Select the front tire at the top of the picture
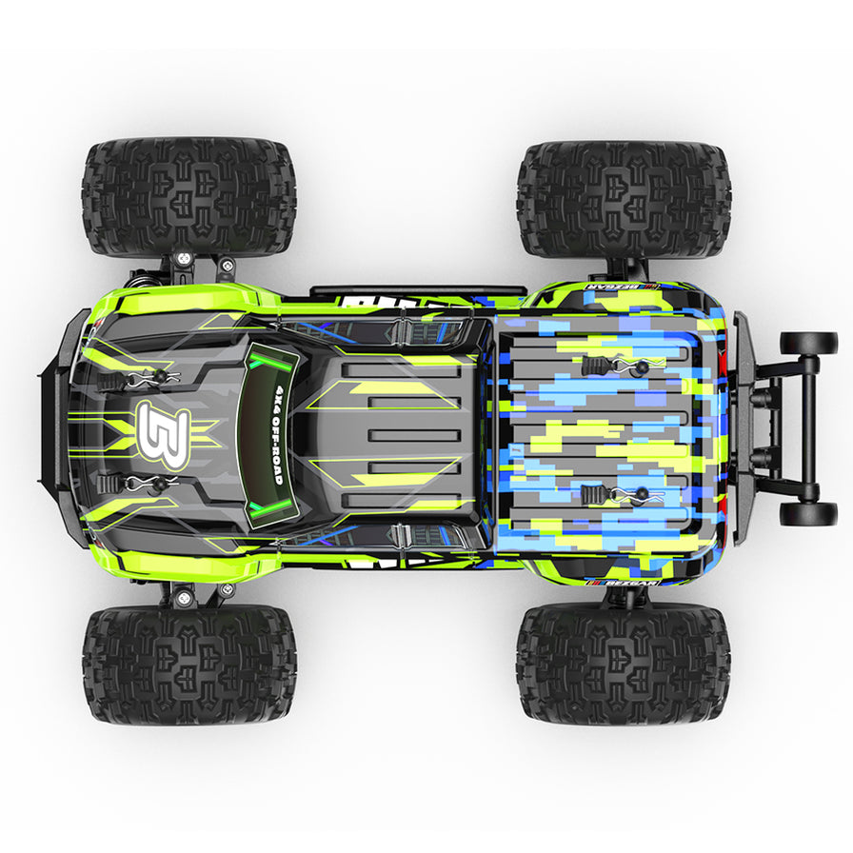point(188,197)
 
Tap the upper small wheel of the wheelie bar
point(807,344)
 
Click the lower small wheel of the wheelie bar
point(807,514)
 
